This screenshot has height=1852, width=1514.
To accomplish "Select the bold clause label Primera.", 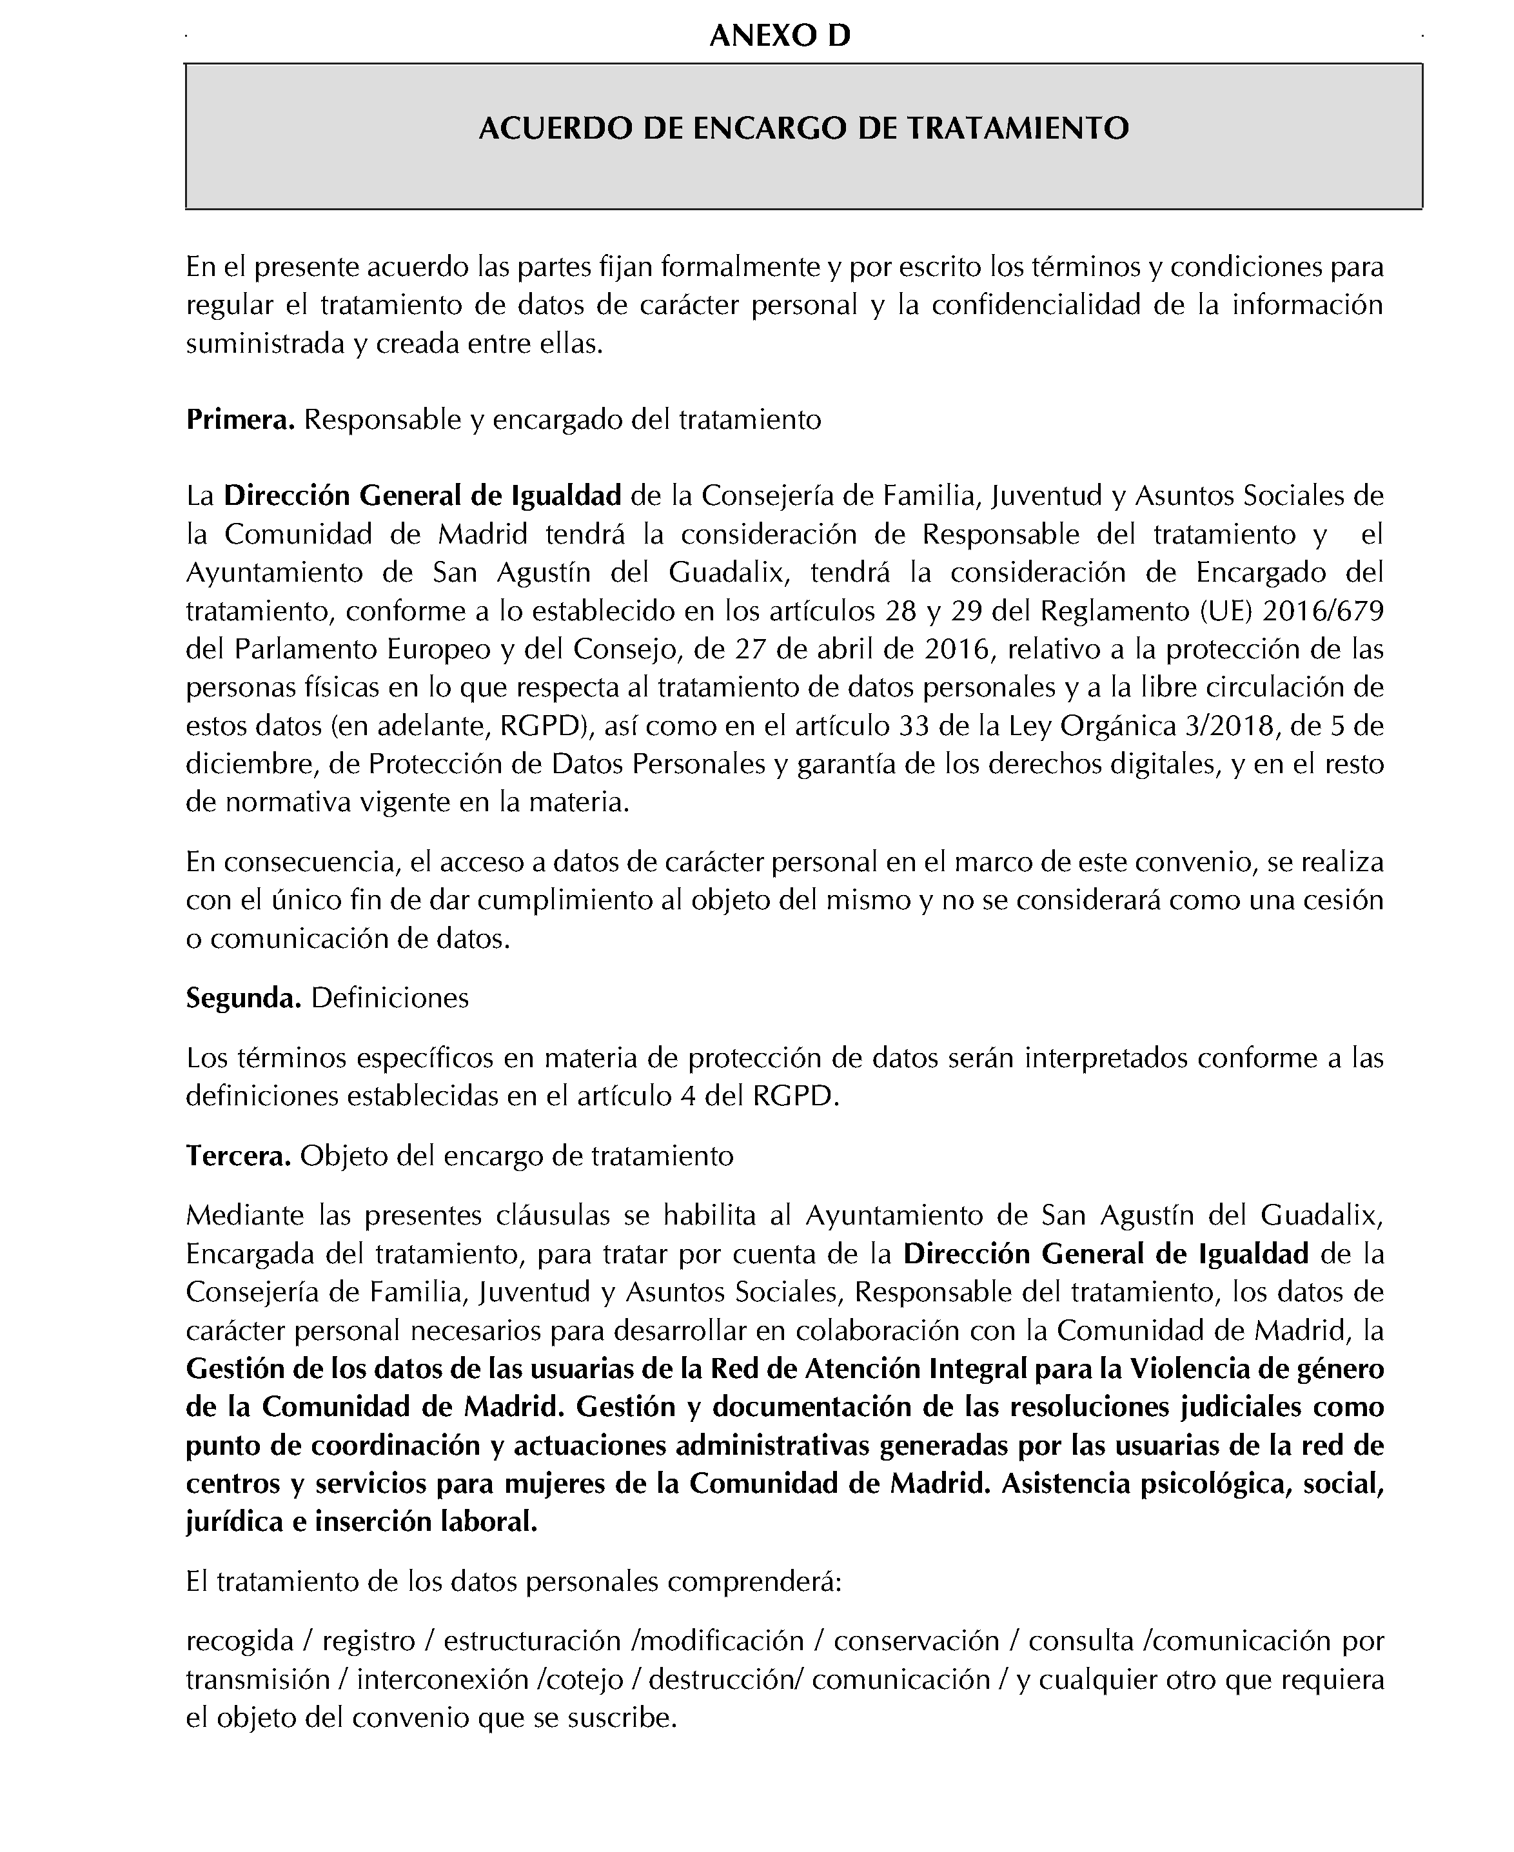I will click(x=241, y=420).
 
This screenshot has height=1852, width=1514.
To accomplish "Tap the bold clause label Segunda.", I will click(x=243, y=998).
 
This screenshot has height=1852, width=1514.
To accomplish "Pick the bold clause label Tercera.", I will click(x=238, y=1156).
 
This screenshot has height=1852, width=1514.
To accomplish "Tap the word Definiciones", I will click(x=390, y=998).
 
